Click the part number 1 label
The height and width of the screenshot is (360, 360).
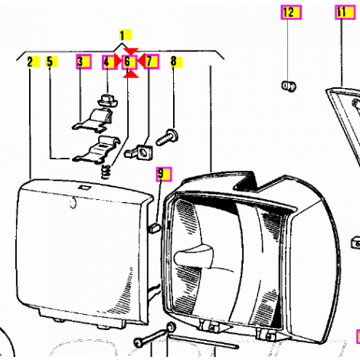(x=125, y=35)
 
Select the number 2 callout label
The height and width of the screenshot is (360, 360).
(x=33, y=61)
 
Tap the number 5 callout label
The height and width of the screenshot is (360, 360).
(x=51, y=61)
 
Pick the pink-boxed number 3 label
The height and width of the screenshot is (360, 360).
(x=83, y=61)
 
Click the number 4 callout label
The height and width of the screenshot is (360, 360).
(x=109, y=62)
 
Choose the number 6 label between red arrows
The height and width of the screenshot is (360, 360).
(x=129, y=62)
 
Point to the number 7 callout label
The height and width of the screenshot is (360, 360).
(x=151, y=61)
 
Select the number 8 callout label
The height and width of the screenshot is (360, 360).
(x=176, y=62)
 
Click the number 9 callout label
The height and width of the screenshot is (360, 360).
(x=164, y=174)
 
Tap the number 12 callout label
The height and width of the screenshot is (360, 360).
(x=291, y=12)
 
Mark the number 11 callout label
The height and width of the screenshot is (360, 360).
(x=345, y=12)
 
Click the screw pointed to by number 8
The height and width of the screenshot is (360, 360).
(x=167, y=138)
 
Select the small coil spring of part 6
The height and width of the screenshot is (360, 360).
(x=106, y=172)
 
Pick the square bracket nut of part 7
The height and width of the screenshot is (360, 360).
(x=139, y=152)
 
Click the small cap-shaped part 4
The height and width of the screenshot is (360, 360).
(x=108, y=100)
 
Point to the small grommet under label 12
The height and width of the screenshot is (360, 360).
(x=289, y=86)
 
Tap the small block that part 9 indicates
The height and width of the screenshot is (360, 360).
(x=154, y=227)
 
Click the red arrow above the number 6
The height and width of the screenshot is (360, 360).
(x=130, y=51)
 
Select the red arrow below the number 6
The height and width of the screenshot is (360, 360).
(x=130, y=74)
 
